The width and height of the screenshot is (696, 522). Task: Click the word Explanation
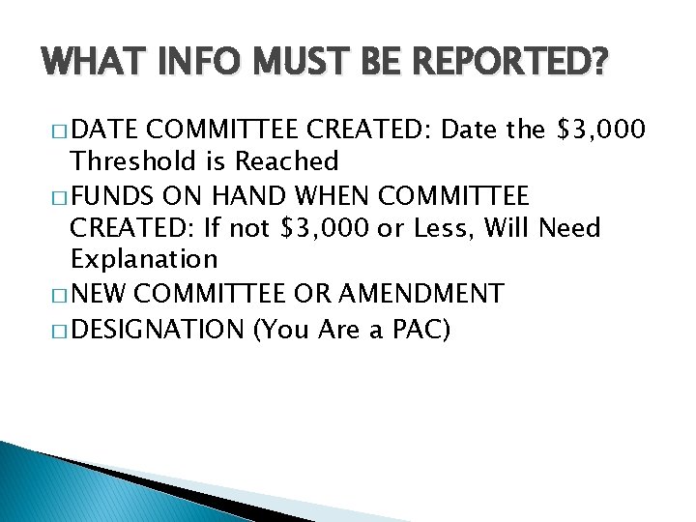[x=144, y=260]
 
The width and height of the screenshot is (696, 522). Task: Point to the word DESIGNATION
[x=158, y=330]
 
